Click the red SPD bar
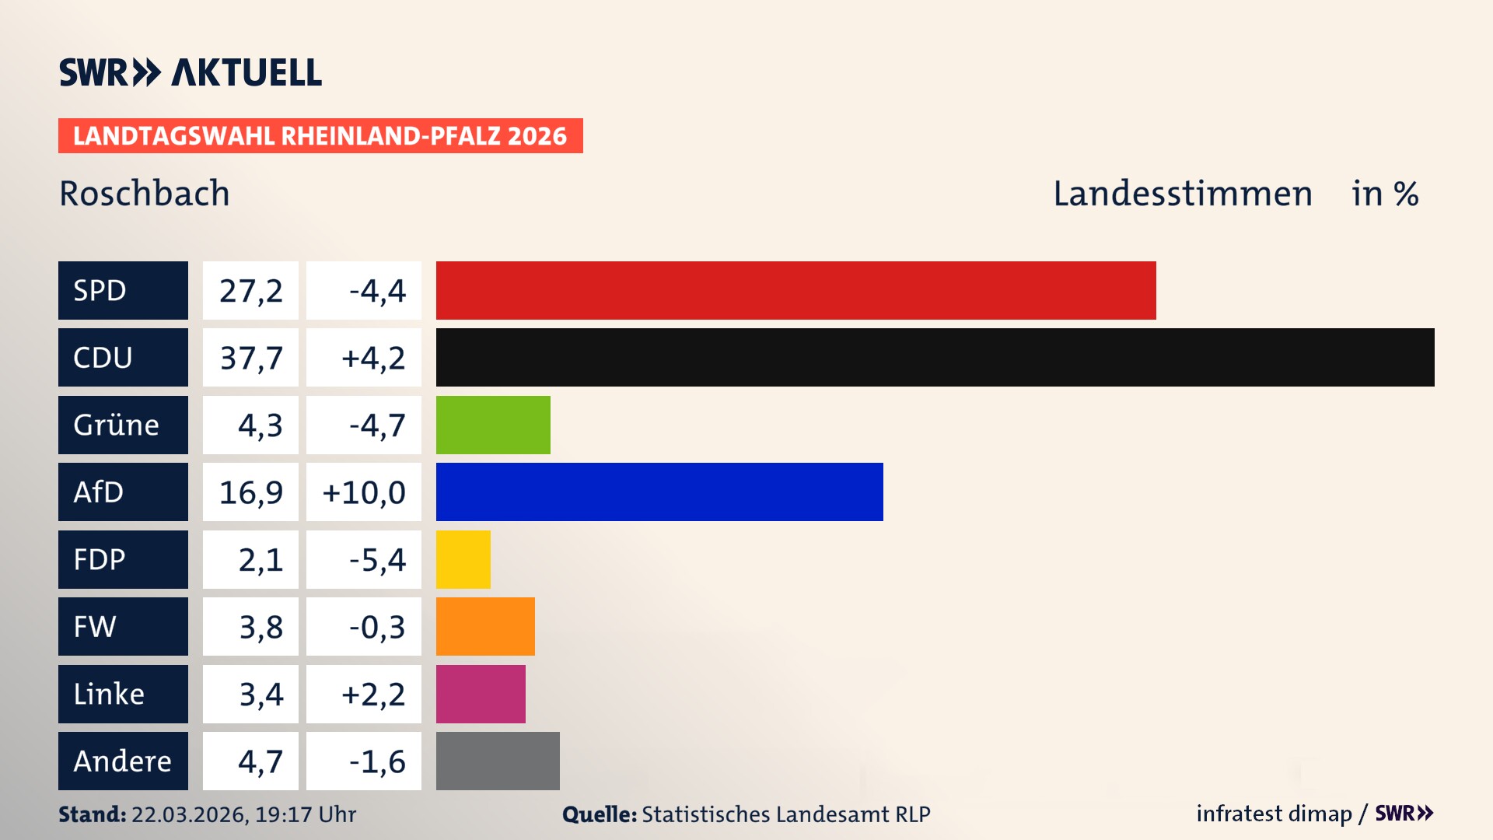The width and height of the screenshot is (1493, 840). click(795, 290)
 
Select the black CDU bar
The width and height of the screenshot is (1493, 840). click(935, 358)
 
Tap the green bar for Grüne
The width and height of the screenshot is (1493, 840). click(493, 425)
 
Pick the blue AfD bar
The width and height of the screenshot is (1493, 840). click(659, 492)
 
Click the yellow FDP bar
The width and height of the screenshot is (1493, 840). click(463, 559)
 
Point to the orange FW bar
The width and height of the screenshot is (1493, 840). click(485, 626)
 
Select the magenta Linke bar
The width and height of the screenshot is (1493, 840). click(481, 694)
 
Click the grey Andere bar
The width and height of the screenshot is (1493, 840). click(498, 761)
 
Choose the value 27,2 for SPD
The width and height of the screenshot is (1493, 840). click(250, 291)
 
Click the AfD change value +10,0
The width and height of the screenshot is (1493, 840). click(364, 492)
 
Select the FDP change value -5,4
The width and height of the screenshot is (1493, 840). click(376, 560)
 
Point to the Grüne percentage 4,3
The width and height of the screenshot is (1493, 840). click(260, 425)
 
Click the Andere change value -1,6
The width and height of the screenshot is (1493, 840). click(376, 761)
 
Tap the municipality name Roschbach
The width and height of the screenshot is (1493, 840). click(145, 194)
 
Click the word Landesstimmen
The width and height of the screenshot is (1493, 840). click(1182, 194)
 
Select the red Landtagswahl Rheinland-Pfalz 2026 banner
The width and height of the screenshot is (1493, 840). click(320, 136)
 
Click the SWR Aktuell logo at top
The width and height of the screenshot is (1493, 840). click(191, 72)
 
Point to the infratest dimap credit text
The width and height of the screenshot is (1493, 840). click(1274, 814)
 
